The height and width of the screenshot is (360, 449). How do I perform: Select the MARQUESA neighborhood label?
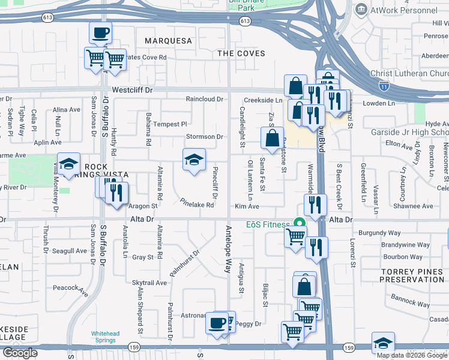point(169,41)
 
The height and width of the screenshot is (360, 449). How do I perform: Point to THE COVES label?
point(241,53)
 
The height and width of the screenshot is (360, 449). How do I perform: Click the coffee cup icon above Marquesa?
point(100,32)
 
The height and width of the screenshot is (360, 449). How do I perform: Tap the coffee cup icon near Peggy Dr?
point(216,323)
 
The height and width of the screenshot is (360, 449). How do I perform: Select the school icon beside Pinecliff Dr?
point(194,160)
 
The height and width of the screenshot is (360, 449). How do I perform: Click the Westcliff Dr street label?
point(133,90)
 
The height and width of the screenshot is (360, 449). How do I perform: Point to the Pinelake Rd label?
point(197,204)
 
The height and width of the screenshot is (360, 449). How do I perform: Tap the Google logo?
point(20,353)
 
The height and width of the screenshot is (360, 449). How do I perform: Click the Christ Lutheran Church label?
point(413,73)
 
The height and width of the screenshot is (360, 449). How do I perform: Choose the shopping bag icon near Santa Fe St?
point(273,138)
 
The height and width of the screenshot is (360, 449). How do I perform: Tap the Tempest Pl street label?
point(170,124)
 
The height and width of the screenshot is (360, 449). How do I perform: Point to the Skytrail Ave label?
point(149,282)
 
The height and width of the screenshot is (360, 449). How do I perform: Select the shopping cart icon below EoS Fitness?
point(295,236)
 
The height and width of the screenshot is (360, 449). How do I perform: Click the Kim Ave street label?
point(247,206)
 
